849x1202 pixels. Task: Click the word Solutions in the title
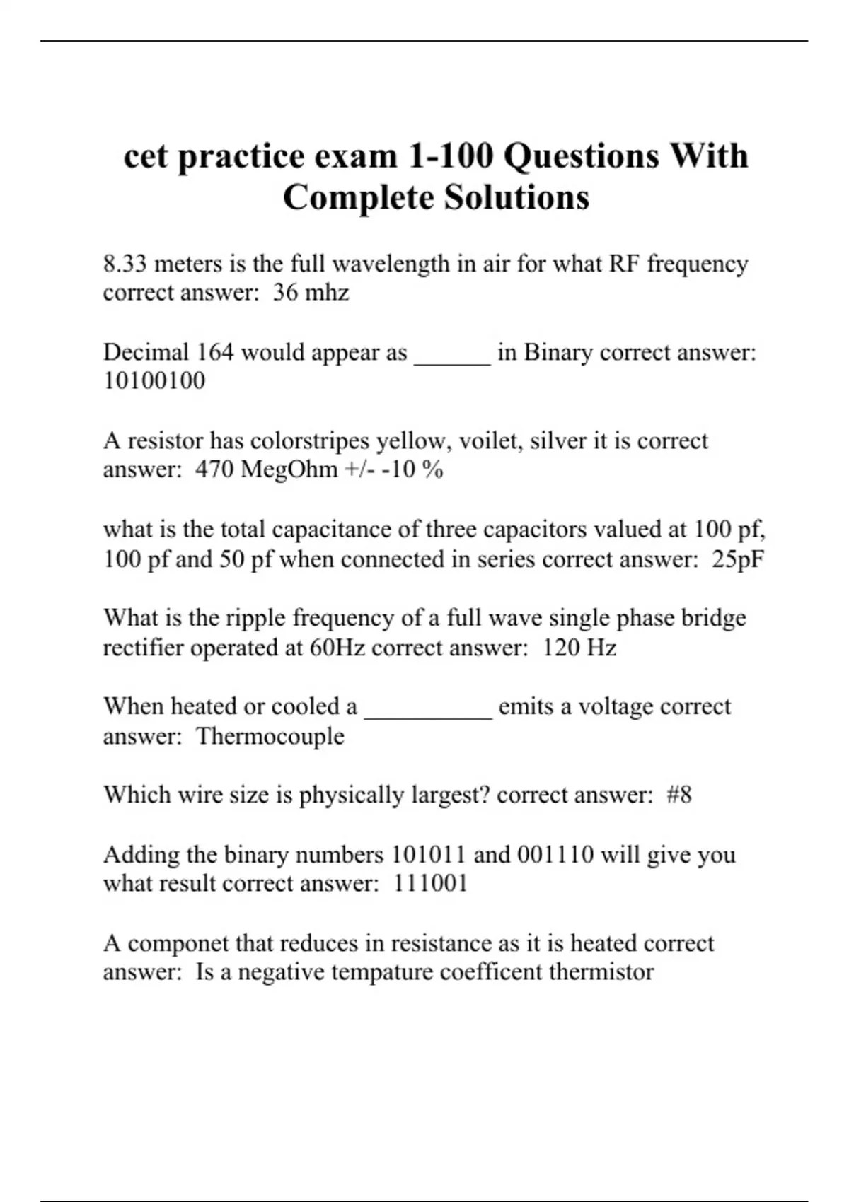pyautogui.click(x=516, y=197)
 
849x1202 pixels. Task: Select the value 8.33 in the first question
pyautogui.click(x=125, y=264)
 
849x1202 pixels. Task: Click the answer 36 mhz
pyautogui.click(x=311, y=292)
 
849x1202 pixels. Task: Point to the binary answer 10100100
pyautogui.click(x=154, y=380)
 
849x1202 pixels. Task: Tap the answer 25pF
pyautogui.click(x=738, y=559)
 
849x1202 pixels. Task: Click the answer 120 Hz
pyautogui.click(x=579, y=648)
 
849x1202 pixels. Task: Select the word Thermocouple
pyautogui.click(x=270, y=736)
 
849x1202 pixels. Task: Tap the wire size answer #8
pyautogui.click(x=679, y=795)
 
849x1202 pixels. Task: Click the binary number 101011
pyautogui.click(x=428, y=854)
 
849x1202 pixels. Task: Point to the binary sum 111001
pyautogui.click(x=430, y=883)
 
